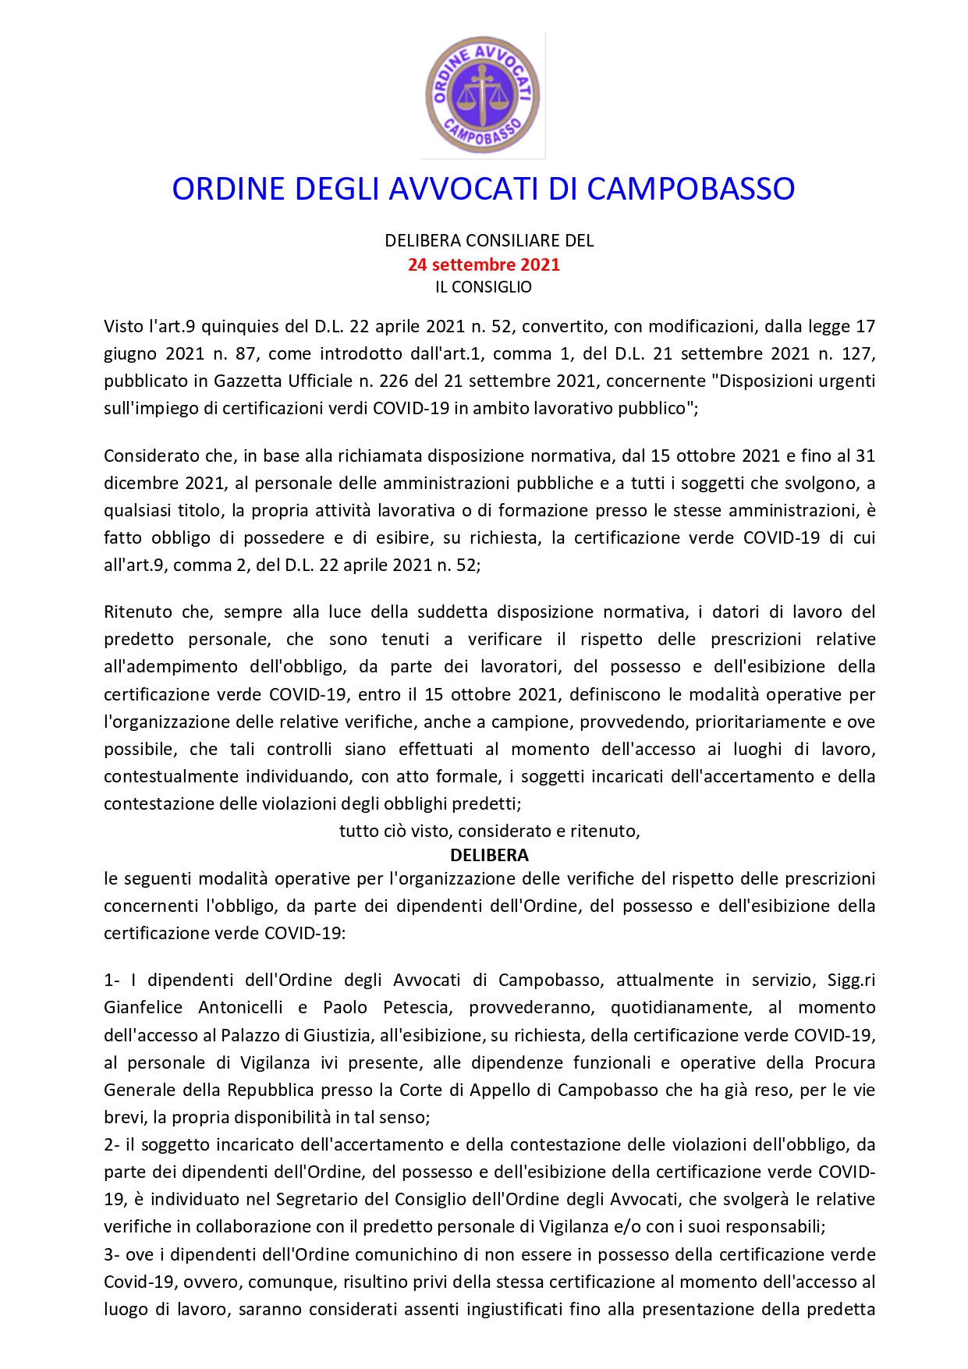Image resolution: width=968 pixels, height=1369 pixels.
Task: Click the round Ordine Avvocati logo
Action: tap(483, 95)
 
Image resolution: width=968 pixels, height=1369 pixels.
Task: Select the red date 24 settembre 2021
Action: tap(484, 264)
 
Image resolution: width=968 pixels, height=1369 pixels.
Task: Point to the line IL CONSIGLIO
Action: tap(484, 287)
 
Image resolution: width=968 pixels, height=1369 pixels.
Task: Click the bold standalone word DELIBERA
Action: tap(489, 855)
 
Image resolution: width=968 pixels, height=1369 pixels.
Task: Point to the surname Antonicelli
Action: tap(240, 1008)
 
